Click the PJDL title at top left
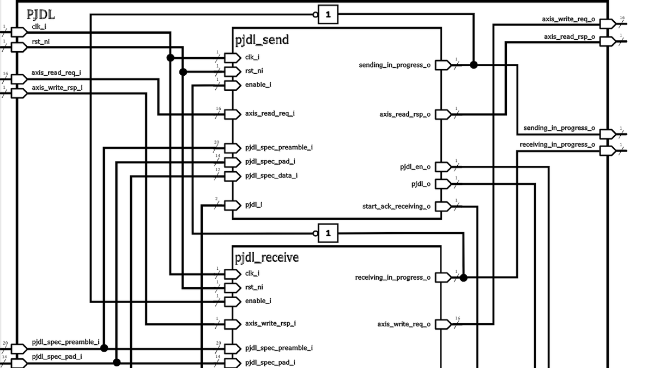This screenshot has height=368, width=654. point(40,14)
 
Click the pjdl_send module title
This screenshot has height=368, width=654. point(262,40)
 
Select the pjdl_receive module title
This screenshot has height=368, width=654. point(267,257)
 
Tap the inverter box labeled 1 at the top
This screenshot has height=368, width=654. point(328,15)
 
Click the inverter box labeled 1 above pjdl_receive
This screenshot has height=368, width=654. point(328,233)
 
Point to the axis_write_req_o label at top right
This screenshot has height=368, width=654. point(568,19)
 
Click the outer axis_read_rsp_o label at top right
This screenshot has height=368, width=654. point(569,37)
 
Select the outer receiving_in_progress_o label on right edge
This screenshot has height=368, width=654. point(557,144)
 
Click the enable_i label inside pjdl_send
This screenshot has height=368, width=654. point(258,85)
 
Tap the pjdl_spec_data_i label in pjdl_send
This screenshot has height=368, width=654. point(271,176)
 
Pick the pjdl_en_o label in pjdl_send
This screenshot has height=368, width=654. point(415,167)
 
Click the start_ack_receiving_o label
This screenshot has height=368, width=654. point(396,207)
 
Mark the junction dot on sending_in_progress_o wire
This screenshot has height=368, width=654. point(474,65)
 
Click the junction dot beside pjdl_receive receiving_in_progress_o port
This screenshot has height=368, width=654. point(463,277)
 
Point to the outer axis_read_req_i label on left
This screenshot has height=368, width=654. point(56,73)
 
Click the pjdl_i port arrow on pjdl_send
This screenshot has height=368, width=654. point(232,205)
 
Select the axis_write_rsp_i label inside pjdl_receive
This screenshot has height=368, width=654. point(270,323)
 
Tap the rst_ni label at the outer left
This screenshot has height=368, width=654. point(40,41)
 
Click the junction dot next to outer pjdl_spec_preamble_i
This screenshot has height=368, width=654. point(104,348)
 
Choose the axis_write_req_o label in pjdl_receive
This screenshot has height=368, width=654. point(403,324)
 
